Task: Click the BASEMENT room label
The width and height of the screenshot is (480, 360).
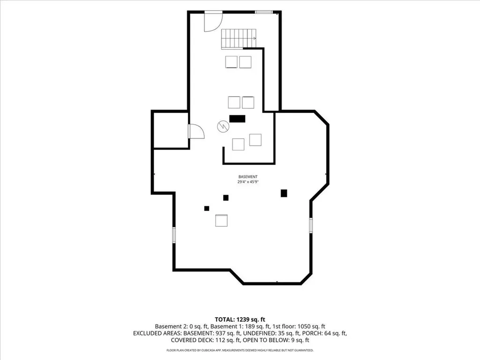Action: tap(248, 177)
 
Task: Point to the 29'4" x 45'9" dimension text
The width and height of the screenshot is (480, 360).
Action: tap(248, 182)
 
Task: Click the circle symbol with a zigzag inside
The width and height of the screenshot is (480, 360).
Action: tap(223, 126)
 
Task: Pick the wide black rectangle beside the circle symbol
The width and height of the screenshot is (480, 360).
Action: tap(237, 119)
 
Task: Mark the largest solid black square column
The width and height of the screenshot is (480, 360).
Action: tap(284, 193)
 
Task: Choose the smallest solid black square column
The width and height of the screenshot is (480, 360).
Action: tap(207, 209)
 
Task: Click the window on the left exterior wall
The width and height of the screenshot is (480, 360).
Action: tap(174, 235)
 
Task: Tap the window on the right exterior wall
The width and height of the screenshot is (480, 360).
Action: tap(311, 225)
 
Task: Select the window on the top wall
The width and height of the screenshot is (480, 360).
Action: tap(263, 12)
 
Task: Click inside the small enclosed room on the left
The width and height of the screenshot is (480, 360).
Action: tap(171, 130)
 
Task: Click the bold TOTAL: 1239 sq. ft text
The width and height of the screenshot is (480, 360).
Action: tap(240, 320)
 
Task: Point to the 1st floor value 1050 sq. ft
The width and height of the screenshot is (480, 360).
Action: tap(310, 326)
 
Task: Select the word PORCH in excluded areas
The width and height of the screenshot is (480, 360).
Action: tap(310, 333)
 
